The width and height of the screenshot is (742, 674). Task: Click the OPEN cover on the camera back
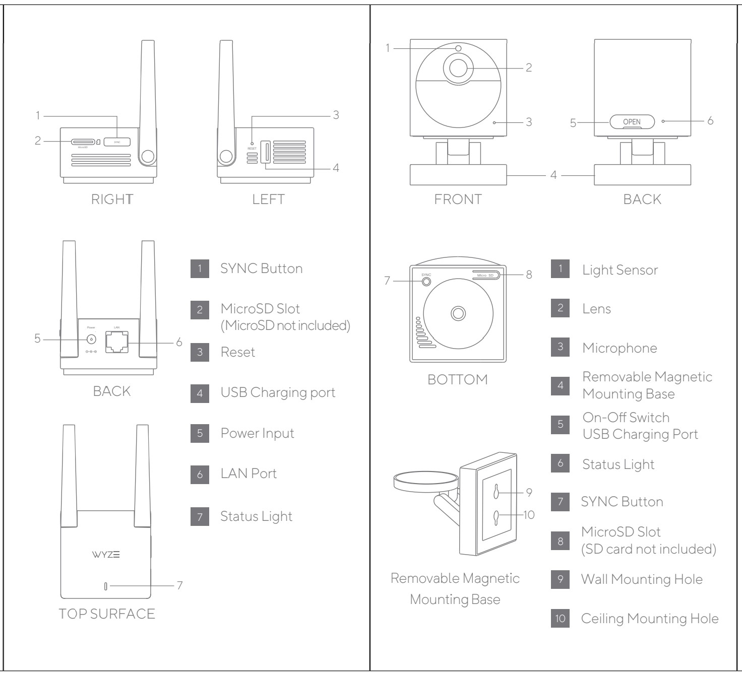[x=632, y=122]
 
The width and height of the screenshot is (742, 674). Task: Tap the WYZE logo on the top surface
[x=106, y=555]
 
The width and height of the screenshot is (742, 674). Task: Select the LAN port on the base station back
[x=116, y=342]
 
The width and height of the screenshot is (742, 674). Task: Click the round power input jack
[x=91, y=340]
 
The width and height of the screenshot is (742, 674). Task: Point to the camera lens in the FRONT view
[x=458, y=68]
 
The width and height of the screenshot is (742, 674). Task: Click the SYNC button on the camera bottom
[x=426, y=282]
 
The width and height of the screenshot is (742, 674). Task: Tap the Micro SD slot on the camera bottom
[x=486, y=275]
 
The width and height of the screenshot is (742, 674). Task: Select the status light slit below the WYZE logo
[x=105, y=586]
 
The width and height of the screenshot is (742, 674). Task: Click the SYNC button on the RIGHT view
[x=117, y=142]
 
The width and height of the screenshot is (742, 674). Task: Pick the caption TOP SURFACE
[x=107, y=614]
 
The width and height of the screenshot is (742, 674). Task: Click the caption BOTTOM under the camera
[x=457, y=379]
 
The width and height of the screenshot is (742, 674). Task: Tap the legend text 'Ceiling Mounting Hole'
[x=650, y=619]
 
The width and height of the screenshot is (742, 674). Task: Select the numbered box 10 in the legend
[x=560, y=619]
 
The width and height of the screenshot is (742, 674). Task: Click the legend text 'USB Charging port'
[x=278, y=392]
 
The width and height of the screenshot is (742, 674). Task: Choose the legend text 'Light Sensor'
[x=620, y=270]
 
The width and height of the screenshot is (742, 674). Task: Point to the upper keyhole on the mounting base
[x=496, y=492]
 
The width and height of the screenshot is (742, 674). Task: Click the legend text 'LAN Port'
[x=249, y=474]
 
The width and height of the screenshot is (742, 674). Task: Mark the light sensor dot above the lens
[x=458, y=48]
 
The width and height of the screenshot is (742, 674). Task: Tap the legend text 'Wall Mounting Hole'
[x=642, y=579]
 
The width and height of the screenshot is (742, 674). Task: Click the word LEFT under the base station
[x=268, y=199]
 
